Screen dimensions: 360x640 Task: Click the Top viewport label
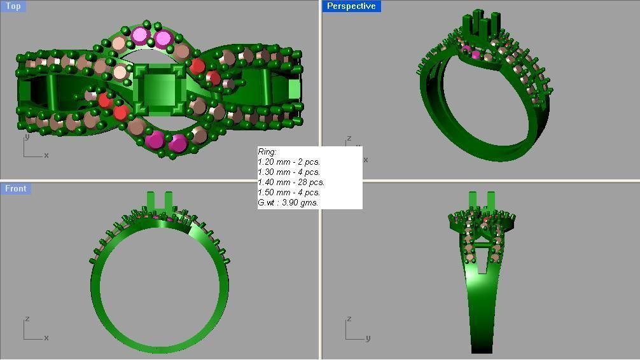[x=13, y=6]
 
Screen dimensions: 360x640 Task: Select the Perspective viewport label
[x=351, y=6]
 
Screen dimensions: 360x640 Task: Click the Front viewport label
[x=15, y=188]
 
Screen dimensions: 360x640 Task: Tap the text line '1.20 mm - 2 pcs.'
[x=289, y=162]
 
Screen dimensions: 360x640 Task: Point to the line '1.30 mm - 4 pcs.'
[x=289, y=172]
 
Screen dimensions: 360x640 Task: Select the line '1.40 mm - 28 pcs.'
[x=291, y=182]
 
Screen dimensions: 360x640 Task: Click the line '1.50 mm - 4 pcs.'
[x=289, y=192]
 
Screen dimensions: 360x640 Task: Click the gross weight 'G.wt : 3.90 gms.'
[x=288, y=202]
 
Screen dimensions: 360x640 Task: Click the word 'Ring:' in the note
[x=267, y=152]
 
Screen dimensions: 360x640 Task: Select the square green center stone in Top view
[x=160, y=90]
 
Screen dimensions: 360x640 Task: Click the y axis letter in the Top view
[x=27, y=136]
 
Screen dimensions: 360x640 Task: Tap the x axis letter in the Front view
[x=46, y=338]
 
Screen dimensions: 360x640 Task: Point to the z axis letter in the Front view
[x=27, y=319]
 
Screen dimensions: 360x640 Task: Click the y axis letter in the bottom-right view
[x=368, y=338]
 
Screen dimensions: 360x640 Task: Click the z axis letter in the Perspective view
[x=349, y=138]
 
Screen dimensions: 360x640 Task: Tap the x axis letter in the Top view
[x=46, y=155]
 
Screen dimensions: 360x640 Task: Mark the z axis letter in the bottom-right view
[x=349, y=319]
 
